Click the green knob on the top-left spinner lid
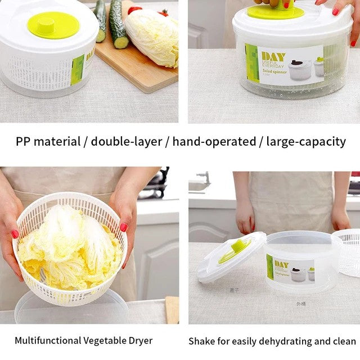(53, 25)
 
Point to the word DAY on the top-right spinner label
(273, 57)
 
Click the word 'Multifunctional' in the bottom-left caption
(47, 340)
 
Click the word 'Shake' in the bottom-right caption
(201, 341)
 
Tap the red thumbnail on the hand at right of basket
(124, 227)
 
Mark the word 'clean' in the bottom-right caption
(343, 341)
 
